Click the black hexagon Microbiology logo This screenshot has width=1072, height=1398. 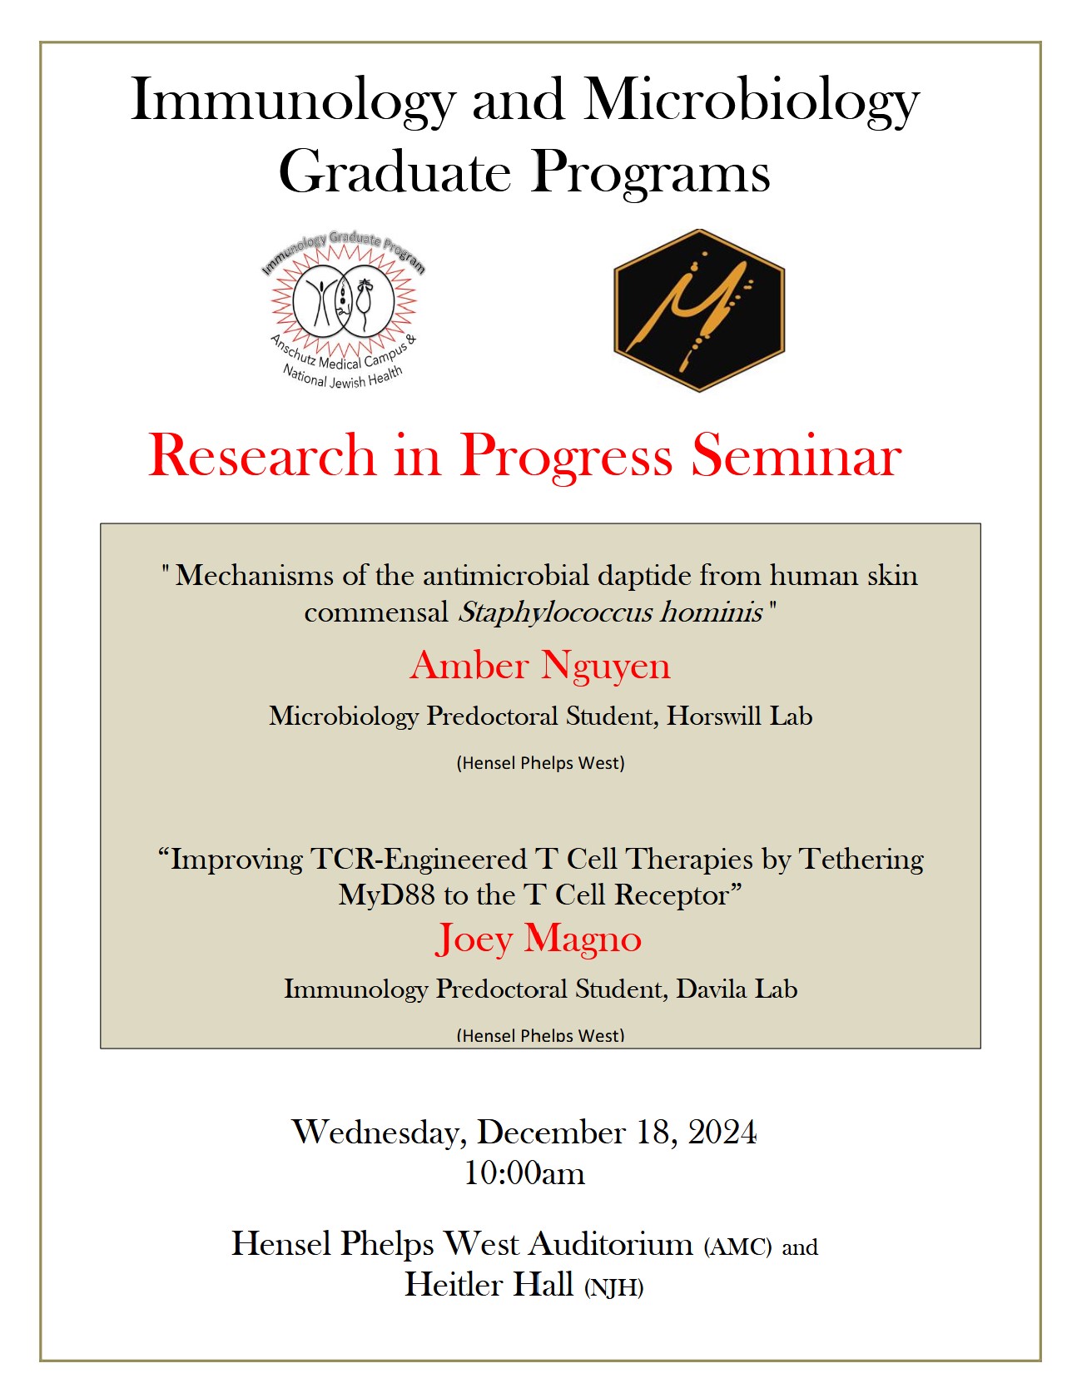click(699, 310)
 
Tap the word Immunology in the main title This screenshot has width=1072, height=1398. click(293, 102)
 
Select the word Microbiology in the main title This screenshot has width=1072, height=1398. click(751, 102)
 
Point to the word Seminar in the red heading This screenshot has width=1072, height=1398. click(797, 456)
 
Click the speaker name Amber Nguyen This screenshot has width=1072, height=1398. click(540, 666)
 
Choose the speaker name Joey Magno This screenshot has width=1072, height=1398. click(538, 939)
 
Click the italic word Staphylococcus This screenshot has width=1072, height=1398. click(555, 612)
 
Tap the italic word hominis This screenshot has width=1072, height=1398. click(712, 612)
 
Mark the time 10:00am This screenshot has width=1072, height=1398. click(524, 1173)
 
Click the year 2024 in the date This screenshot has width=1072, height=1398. click(722, 1133)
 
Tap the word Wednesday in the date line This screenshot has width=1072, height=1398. click(379, 1133)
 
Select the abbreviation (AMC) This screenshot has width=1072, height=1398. click(738, 1247)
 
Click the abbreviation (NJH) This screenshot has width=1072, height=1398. click(613, 1288)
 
